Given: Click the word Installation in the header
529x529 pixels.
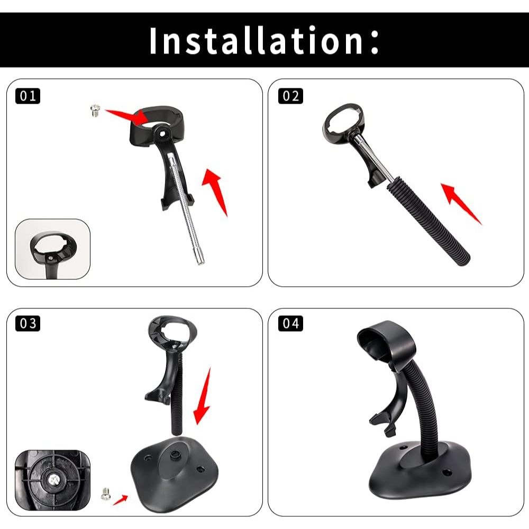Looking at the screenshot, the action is tap(257, 41).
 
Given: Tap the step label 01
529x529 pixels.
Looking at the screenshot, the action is tap(28, 96).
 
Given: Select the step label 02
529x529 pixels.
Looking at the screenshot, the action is tap(290, 96).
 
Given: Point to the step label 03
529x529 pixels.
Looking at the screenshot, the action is tap(28, 323).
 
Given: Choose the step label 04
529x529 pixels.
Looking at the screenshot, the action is tap(290, 323).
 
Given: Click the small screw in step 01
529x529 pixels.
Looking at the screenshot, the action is tap(95, 111).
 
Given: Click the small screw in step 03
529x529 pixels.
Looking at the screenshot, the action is tap(105, 494).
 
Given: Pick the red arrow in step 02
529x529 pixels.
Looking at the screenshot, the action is tap(461, 204).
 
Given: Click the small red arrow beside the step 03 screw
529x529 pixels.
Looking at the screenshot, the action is tap(121, 499).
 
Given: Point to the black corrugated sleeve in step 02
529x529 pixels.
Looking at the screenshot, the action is tap(428, 220).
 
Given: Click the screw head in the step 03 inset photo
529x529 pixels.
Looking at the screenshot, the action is tap(53, 478).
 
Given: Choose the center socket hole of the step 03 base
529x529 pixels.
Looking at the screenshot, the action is tap(175, 454).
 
